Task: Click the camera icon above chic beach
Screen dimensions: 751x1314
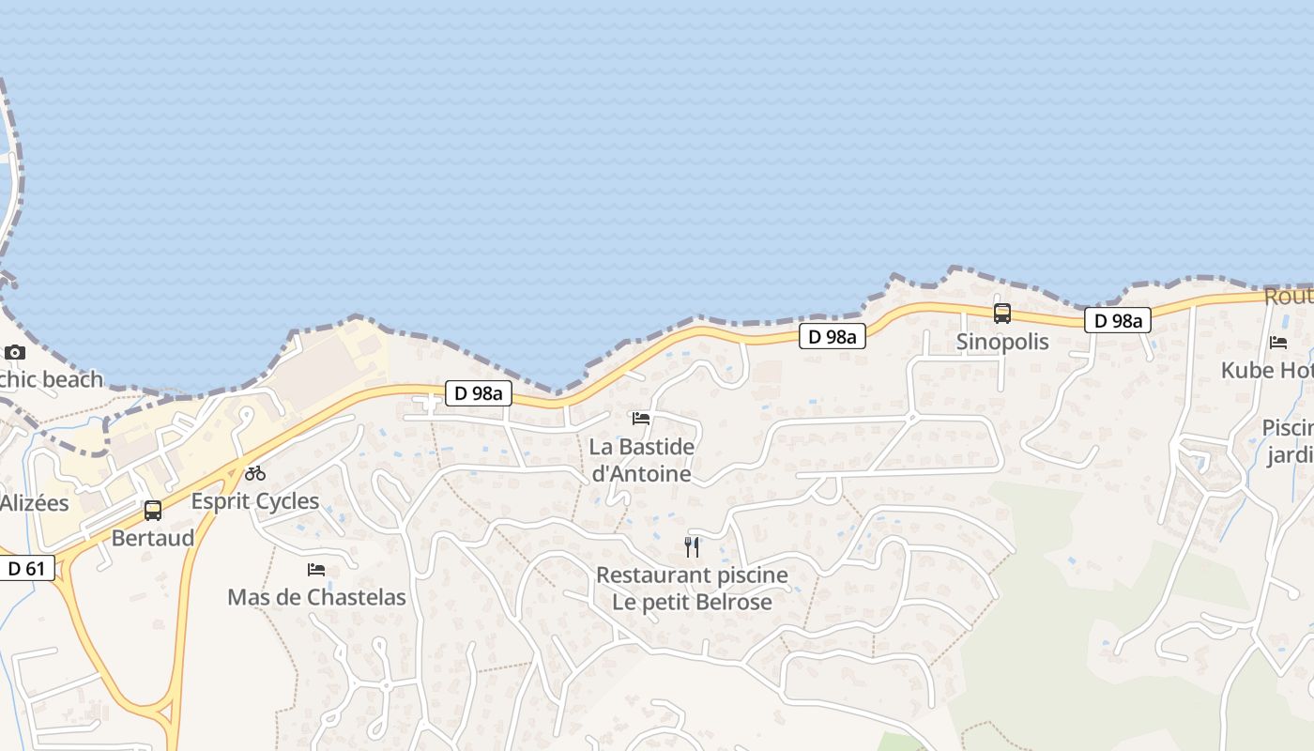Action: pos(15,353)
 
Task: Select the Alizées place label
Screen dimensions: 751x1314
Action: pos(35,503)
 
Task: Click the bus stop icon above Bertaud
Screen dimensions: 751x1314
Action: pos(153,511)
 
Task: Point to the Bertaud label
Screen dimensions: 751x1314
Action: pos(153,538)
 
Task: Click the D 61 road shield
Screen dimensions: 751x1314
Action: pos(27,568)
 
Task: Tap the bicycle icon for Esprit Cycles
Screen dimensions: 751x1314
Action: pos(255,473)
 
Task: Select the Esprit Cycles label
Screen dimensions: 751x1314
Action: pos(255,501)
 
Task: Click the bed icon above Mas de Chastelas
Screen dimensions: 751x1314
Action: pos(316,570)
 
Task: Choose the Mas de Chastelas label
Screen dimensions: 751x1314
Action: pos(316,597)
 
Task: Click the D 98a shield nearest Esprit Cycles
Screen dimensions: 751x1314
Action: pos(479,393)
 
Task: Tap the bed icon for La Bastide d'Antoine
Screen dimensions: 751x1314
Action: pos(641,419)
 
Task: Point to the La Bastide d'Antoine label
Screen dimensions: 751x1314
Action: pos(642,460)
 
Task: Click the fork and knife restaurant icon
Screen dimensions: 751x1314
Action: pos(693,547)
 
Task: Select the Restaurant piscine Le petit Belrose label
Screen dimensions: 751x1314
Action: pos(693,589)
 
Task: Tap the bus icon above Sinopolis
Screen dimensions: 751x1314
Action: pos(1002,314)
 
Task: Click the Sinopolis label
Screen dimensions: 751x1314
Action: pos(1002,342)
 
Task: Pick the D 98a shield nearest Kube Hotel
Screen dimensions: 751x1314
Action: pos(1118,321)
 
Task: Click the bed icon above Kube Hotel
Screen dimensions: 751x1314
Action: pos(1278,343)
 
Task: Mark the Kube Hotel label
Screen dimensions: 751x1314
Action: pos(1267,371)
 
